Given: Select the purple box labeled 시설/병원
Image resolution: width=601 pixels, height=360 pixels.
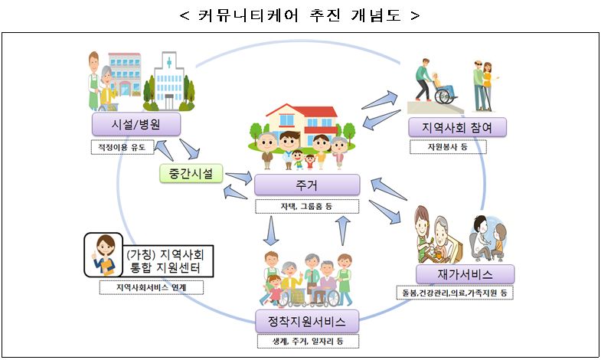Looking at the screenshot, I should point(136,124).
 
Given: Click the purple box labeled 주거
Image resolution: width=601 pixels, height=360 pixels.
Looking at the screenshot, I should point(306,185).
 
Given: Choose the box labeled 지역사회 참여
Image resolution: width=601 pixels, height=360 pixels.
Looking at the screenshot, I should point(458,126).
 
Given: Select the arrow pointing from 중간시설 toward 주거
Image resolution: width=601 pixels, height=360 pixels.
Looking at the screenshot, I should point(237,178).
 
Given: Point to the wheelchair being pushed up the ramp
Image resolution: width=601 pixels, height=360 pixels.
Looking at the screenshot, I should point(441,89).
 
